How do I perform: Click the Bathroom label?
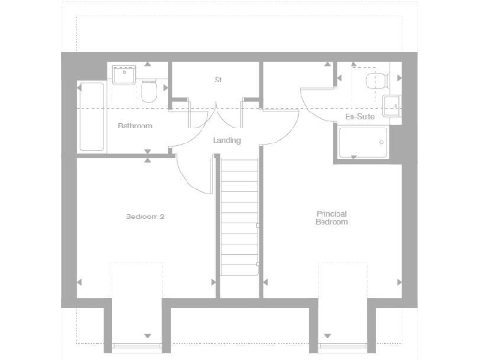point(134,125)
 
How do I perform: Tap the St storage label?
point(217,80)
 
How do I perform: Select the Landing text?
point(227,141)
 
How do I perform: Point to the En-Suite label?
point(360,117)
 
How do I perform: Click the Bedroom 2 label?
point(145,217)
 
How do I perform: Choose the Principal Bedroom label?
point(331,218)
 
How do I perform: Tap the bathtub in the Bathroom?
point(91,117)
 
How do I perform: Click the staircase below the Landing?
point(239,216)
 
